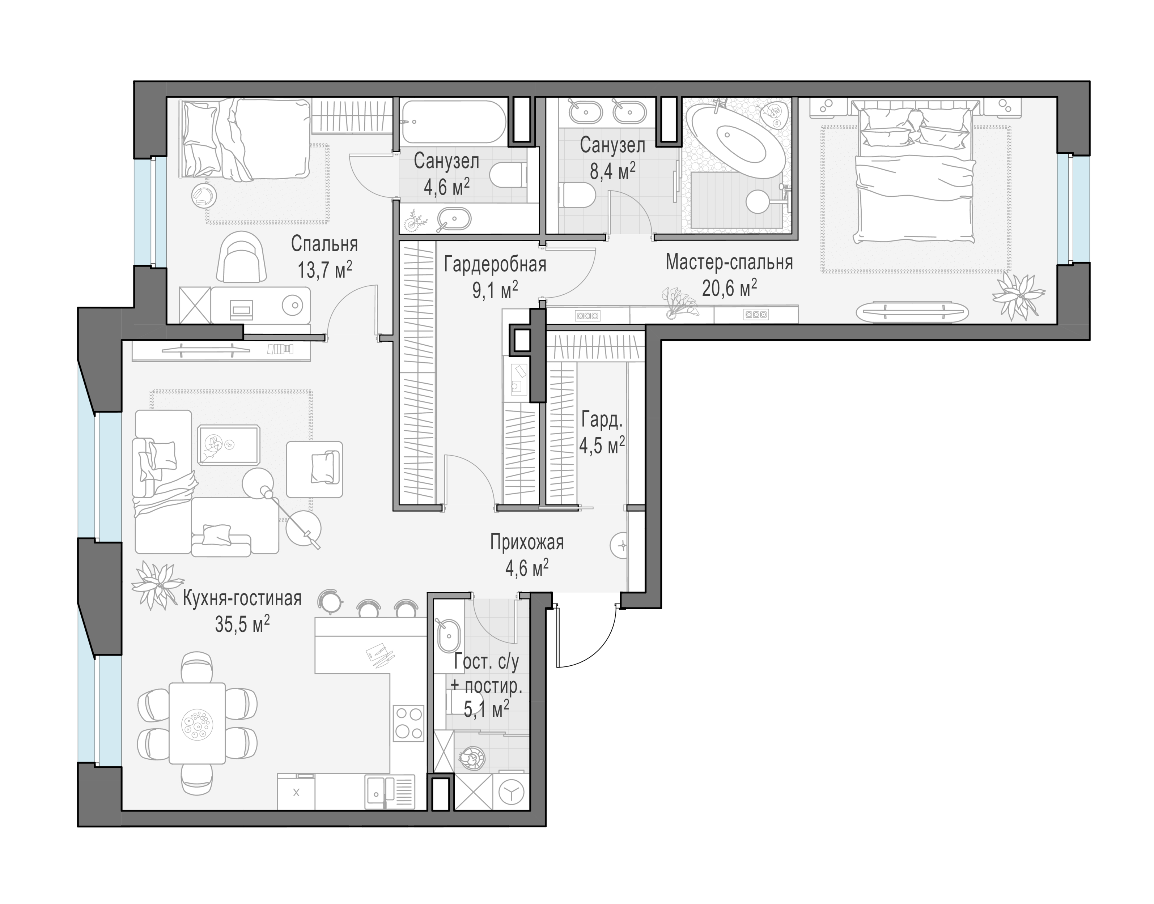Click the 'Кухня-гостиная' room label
coord(242,598)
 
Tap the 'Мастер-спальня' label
coord(729,263)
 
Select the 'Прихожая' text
coord(527,542)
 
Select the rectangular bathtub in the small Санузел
coord(453,122)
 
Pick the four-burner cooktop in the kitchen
coord(409,723)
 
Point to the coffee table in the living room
coord(229,445)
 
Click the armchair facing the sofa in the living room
coord(314,469)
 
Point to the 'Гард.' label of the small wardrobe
coord(602,420)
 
